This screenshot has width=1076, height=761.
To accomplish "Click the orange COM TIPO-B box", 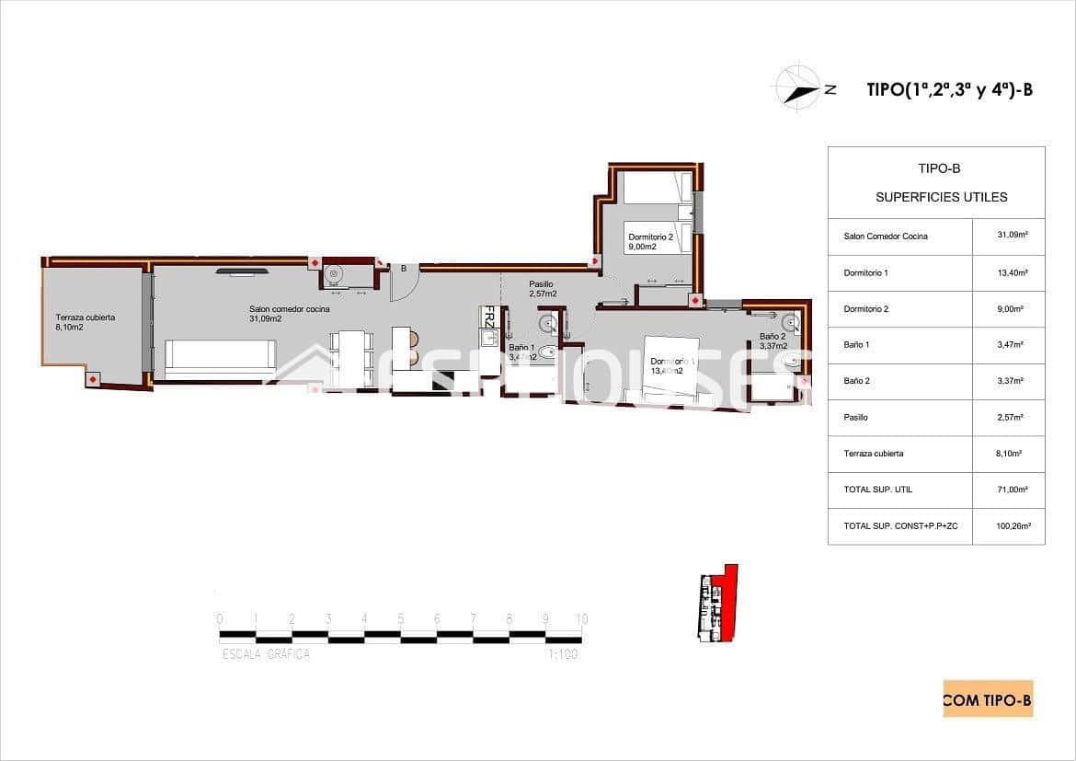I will tap(988, 699).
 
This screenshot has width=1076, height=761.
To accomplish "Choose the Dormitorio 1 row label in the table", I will tap(866, 272).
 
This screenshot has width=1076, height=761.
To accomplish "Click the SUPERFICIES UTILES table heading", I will tap(941, 197).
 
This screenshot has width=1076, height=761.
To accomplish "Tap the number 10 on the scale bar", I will tap(581, 619).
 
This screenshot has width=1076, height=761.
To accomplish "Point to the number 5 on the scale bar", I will tap(400, 619).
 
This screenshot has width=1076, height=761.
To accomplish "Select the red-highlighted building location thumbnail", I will tap(717, 604).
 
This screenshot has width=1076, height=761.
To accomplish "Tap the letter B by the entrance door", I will tap(403, 269).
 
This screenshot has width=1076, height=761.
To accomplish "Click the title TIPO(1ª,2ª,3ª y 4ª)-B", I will tap(950, 89).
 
